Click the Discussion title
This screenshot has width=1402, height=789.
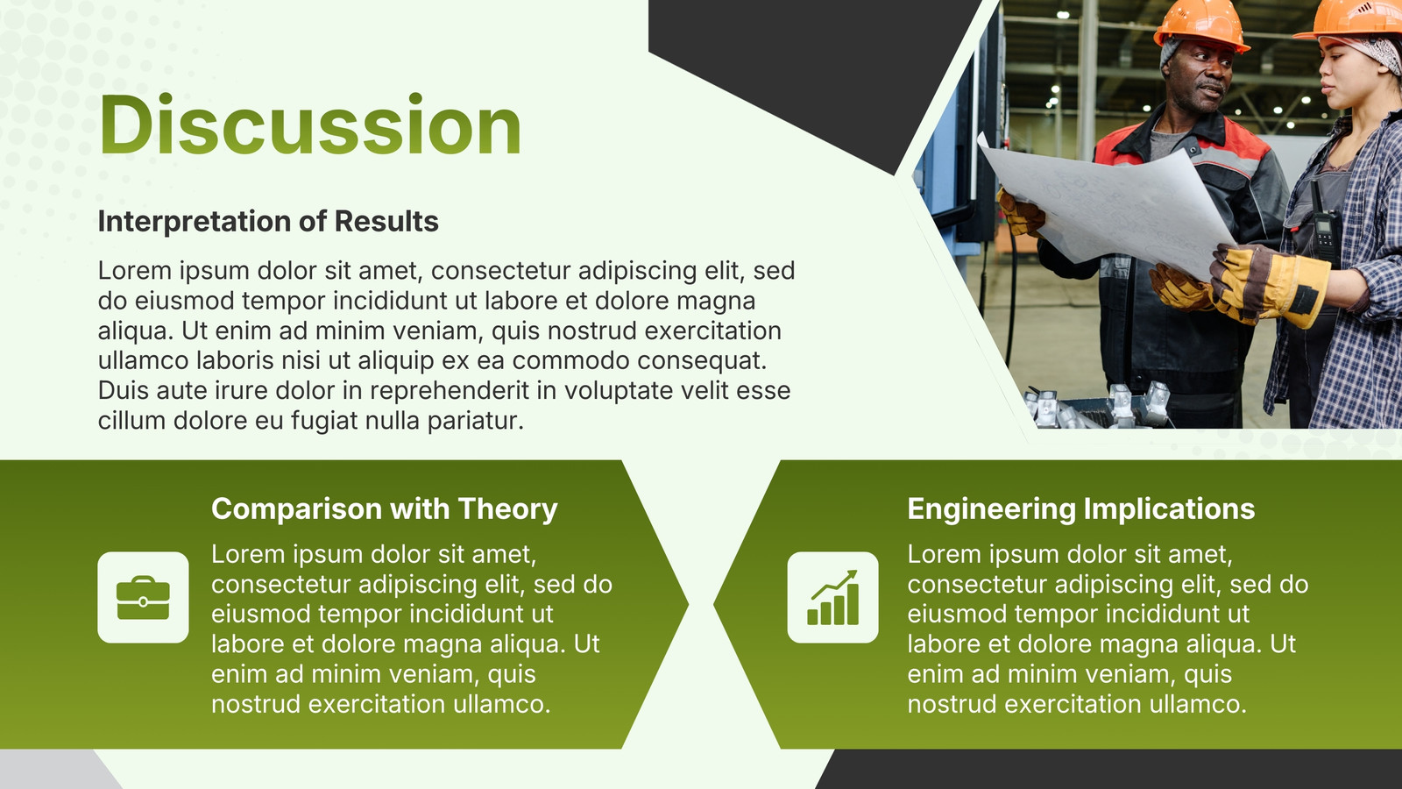click(x=310, y=124)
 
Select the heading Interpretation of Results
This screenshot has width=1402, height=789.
click(x=268, y=221)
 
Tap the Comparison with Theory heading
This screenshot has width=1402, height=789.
click(x=385, y=508)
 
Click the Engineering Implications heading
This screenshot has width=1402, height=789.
click(x=1081, y=508)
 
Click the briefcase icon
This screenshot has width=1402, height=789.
click(x=144, y=597)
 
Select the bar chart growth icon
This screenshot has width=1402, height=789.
click(x=833, y=597)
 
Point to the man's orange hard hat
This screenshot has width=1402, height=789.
click(x=1200, y=25)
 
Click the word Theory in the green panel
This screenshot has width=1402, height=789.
click(x=507, y=509)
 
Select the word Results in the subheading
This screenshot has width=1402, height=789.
click(x=386, y=221)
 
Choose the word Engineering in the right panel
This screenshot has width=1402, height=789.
click(x=991, y=509)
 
